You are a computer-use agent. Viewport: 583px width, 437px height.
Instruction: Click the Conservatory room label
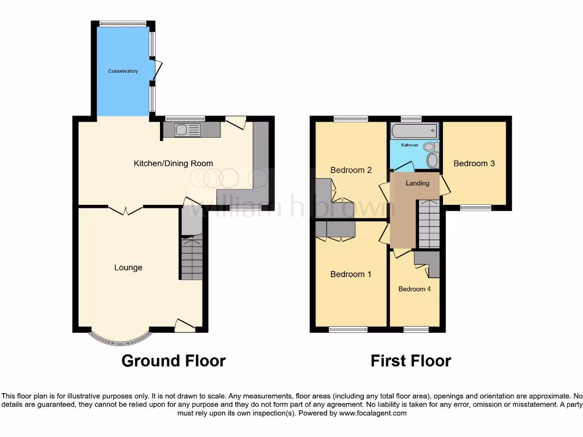coord(123,71)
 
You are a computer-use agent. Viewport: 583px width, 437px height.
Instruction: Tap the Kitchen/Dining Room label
coord(173,163)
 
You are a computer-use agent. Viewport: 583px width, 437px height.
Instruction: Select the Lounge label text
coord(128,267)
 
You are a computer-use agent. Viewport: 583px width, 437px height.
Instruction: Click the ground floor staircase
coord(192,258)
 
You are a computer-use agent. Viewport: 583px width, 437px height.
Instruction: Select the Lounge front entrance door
coord(184,325)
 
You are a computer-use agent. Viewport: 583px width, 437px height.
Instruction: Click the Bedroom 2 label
coord(351,170)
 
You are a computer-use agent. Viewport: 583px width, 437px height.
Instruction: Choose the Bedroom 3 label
coord(474,163)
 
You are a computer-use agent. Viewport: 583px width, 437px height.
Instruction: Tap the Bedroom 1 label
coord(351,274)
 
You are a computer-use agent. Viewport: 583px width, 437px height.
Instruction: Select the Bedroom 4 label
coord(414,289)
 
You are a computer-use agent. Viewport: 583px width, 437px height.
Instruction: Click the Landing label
coord(417,183)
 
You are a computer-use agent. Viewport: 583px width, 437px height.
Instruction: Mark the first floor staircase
coord(429,225)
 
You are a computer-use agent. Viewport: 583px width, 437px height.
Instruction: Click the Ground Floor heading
coord(174,361)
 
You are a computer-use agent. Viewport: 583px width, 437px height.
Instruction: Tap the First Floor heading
coord(410,361)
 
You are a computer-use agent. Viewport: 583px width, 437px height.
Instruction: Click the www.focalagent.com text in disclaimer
coord(373,413)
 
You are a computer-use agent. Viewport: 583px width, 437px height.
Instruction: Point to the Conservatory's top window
coord(123,24)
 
